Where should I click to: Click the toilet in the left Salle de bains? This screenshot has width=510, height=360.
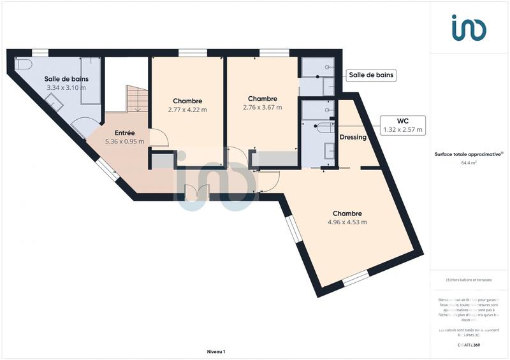(x=24, y=65)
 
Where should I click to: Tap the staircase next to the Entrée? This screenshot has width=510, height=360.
(x=136, y=99)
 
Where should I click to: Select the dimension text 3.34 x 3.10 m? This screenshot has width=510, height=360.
(x=66, y=88)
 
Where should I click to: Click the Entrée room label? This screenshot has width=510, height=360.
(x=124, y=133)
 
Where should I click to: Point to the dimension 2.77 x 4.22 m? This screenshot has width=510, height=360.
(x=187, y=110)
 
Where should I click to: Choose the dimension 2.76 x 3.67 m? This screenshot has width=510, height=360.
(x=262, y=107)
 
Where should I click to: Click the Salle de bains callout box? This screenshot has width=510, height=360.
(x=371, y=75)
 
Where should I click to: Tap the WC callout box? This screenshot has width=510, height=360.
(x=402, y=125)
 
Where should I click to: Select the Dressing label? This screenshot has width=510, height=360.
(x=353, y=136)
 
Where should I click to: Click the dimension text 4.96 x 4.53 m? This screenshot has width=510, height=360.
(x=347, y=222)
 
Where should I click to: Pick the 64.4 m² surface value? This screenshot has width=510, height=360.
(x=469, y=162)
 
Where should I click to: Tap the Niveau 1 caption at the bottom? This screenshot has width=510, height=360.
(x=216, y=351)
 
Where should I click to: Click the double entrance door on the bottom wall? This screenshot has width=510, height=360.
(x=196, y=192)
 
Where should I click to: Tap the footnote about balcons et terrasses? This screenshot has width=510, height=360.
(x=469, y=280)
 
